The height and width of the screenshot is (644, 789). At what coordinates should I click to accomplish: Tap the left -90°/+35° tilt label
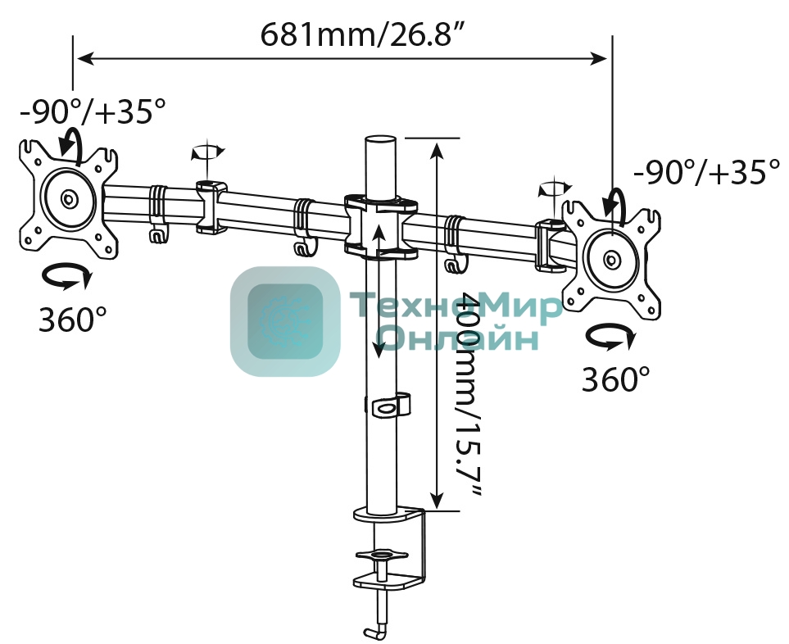point(93,111)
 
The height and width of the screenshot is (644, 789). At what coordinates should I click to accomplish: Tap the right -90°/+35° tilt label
point(706,173)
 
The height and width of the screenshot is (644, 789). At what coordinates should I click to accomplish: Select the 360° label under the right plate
point(615,379)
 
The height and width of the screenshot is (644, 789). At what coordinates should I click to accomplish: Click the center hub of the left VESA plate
point(69,198)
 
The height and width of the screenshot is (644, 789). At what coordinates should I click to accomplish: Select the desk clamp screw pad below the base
point(380,556)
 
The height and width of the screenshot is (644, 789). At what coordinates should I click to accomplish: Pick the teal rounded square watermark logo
point(284,321)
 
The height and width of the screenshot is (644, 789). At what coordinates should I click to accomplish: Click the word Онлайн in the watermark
point(459,337)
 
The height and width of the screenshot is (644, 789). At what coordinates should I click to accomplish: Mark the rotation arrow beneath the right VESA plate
point(611,337)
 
